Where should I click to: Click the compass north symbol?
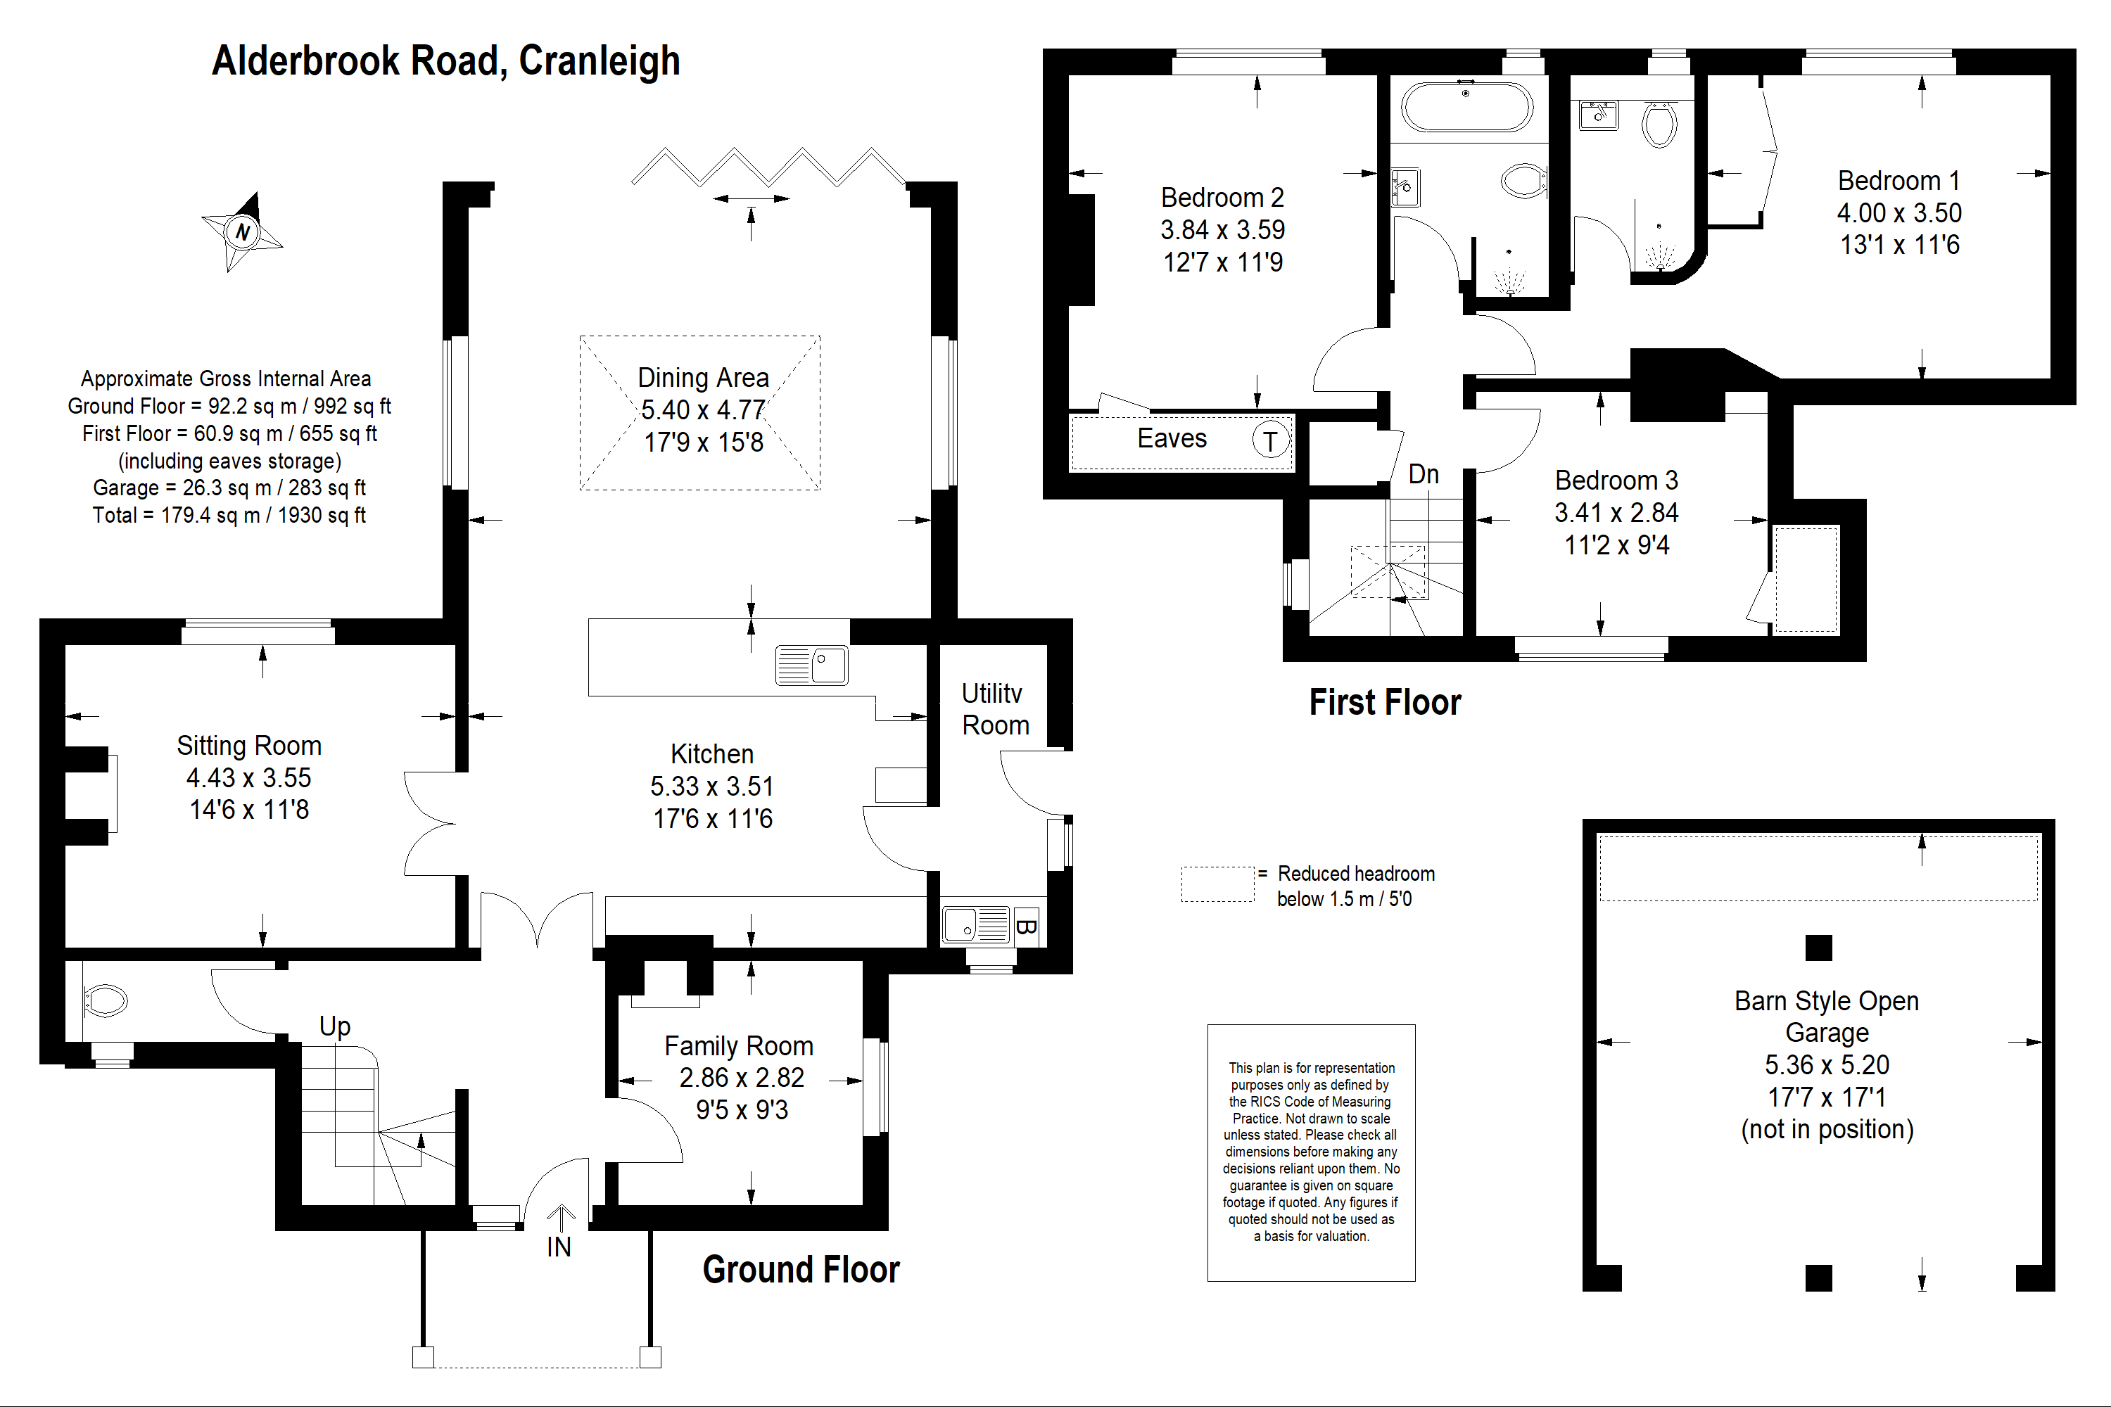[241, 231]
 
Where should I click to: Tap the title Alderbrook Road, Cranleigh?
[445, 61]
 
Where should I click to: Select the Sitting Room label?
[248, 746]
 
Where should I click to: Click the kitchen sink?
[811, 665]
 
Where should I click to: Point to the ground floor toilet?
[105, 1000]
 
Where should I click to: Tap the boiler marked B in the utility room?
[1026, 926]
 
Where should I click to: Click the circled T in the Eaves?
[1270, 440]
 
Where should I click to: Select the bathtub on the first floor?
[1466, 108]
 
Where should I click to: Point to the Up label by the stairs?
[335, 1026]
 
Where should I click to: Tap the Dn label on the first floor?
[1424, 473]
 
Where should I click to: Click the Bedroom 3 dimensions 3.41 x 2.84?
[1616, 512]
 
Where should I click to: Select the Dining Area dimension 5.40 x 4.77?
[703, 410]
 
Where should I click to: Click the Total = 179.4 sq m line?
[229, 515]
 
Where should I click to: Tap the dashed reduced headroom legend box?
[1217, 884]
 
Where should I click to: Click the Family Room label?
[739, 1045]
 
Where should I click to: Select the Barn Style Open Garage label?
[1827, 1016]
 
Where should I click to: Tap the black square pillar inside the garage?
[1818, 948]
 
